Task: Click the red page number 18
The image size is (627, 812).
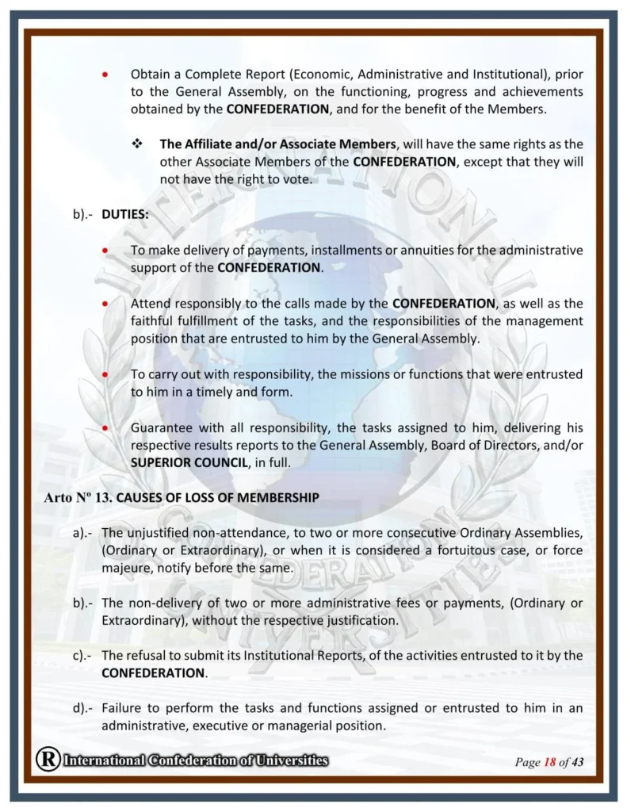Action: [x=549, y=762]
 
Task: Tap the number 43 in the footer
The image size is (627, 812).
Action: [x=577, y=762]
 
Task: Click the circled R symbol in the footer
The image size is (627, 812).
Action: [x=48, y=760]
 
